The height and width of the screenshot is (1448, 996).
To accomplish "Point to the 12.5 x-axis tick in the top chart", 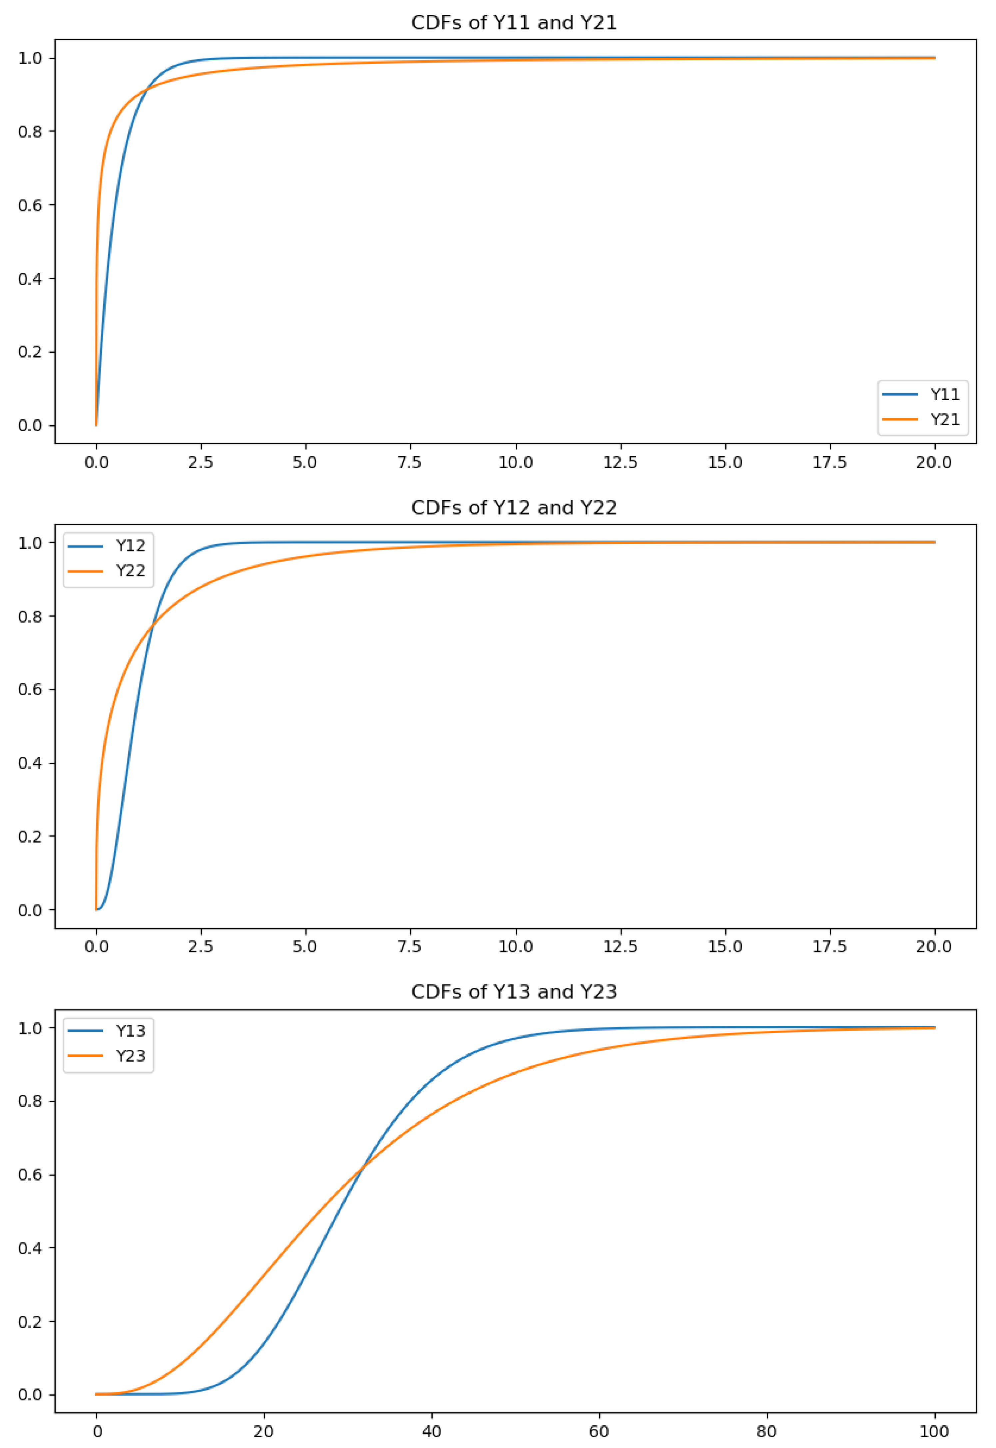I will click(x=620, y=462).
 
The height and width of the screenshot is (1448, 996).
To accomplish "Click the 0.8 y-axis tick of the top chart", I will click(x=30, y=132).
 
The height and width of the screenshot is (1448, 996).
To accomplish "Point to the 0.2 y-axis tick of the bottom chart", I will click(x=30, y=1321).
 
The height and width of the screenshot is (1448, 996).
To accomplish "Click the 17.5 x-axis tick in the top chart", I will click(x=830, y=462).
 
